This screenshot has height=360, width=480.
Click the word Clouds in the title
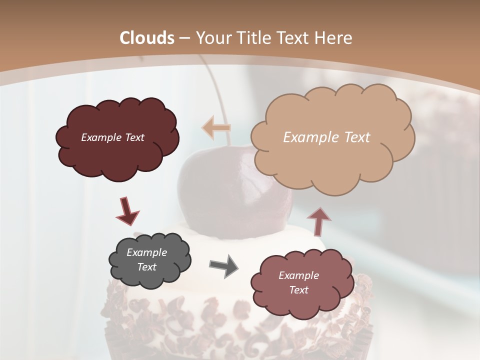coord(147,38)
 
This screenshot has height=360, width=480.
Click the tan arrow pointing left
coord(216,127)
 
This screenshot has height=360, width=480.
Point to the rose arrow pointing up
coord(318,220)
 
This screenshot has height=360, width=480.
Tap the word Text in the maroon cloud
coord(133,137)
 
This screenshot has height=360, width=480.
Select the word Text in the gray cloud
coord(146,267)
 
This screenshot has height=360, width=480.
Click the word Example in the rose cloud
coord(298,275)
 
